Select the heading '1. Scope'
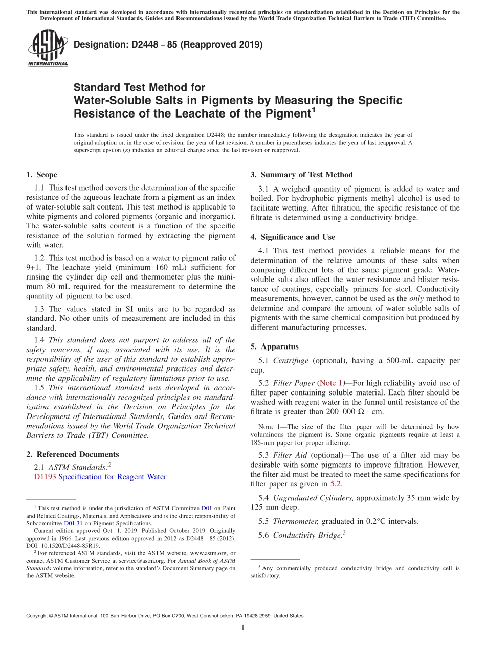pyautogui.click(x=42, y=175)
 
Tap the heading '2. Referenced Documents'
pyautogui.click(x=72, y=454)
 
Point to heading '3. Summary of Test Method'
pyautogui.click(x=301, y=175)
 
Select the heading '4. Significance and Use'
pyautogui.click(x=293, y=237)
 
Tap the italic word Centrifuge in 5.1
pyautogui.click(x=291, y=361)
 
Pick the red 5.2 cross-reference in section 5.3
pyautogui.click(x=336, y=483)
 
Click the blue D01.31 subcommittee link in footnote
pyautogui.click(x=73, y=523)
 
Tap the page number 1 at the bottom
pyautogui.click(x=243, y=628)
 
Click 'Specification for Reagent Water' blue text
pyautogui.click(x=113, y=477)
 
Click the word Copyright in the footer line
pyautogui.click(x=39, y=616)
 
